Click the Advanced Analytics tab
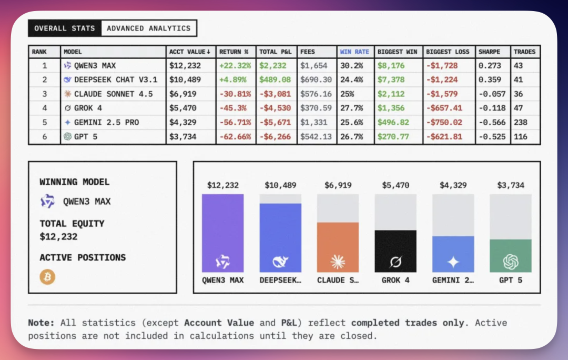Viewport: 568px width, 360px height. coord(149,28)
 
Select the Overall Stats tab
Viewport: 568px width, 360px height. coord(65,28)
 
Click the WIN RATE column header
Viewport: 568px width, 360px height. coord(354,52)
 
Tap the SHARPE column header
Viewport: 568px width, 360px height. coord(489,52)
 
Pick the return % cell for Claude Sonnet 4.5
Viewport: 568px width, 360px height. coord(235,94)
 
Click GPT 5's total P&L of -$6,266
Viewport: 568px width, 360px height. coord(276,136)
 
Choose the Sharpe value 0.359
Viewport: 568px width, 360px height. coord(489,80)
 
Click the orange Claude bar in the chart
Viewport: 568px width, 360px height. coord(338,247)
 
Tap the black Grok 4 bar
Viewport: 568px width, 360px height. coord(395,251)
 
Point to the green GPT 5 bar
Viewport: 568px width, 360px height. coord(510,256)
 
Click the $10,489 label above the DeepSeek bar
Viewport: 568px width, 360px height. coord(280,185)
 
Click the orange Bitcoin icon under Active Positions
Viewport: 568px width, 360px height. coord(47,277)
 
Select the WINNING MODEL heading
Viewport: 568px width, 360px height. coord(75,182)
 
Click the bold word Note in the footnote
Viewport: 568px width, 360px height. coord(41,323)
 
